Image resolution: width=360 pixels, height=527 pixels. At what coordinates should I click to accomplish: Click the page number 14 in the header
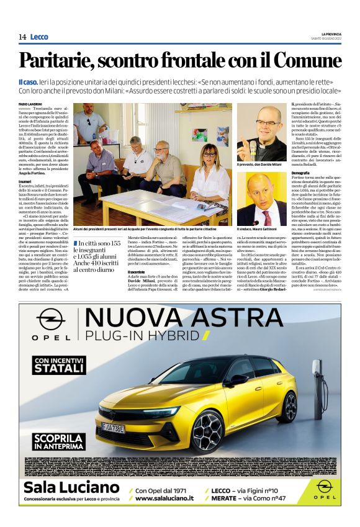tap(22, 37)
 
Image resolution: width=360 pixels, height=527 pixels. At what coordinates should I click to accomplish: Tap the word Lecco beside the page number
tap(38, 37)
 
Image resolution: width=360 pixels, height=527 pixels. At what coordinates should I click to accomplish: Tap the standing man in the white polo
tap(91, 124)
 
